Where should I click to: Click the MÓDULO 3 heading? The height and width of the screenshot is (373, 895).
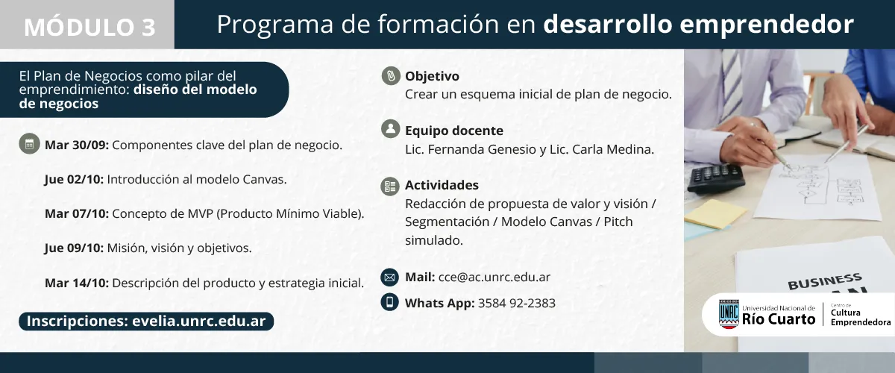point(89,27)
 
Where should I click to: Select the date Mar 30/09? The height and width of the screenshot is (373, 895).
point(77,145)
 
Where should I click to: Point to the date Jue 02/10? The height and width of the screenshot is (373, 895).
point(74,180)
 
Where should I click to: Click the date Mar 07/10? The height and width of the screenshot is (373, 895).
point(77,214)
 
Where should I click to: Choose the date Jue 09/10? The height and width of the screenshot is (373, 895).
point(74,248)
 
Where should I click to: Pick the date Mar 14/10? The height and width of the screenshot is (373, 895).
point(77,283)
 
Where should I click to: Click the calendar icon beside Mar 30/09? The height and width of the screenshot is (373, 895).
point(29,145)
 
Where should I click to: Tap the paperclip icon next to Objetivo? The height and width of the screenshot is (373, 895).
point(390,76)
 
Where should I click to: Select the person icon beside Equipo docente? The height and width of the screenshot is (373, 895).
point(390,129)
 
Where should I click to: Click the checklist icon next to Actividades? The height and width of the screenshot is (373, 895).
point(390,186)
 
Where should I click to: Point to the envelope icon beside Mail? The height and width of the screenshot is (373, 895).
point(389,278)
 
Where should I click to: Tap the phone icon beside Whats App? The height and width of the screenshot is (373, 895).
point(389,302)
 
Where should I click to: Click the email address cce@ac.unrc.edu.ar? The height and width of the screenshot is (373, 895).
point(494,278)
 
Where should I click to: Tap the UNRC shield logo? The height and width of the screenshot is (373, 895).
point(729,314)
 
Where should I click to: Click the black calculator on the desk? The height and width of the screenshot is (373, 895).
point(715,178)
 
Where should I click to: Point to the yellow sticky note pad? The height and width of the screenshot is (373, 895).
point(715,214)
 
